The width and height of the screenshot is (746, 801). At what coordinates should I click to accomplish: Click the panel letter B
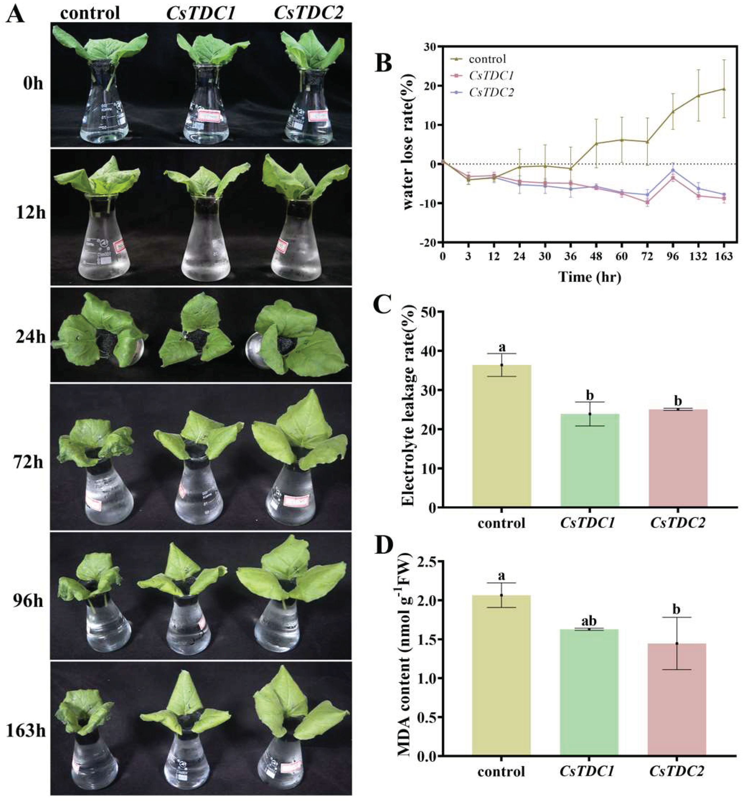tap(383, 63)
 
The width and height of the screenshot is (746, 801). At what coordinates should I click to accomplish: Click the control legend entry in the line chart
tap(486, 59)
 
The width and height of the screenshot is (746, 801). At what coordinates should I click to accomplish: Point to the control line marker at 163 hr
tap(724, 89)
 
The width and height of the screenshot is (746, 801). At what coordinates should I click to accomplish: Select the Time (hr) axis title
tap(589, 277)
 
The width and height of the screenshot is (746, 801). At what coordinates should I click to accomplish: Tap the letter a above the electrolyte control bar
tap(501, 347)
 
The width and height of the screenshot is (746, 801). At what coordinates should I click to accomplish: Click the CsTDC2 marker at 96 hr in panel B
tap(672, 170)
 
